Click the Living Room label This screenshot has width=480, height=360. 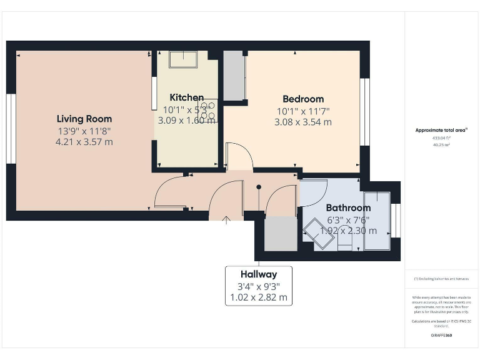point(84,119)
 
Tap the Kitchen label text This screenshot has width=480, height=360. point(186,97)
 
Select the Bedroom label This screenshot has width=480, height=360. point(303,99)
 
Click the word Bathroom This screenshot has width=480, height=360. point(348,207)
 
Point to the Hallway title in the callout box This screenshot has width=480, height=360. point(258,274)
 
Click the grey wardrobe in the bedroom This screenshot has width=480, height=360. point(234,76)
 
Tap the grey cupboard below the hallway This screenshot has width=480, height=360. point(281,234)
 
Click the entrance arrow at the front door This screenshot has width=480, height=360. point(226,218)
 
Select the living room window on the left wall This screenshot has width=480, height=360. point(11,129)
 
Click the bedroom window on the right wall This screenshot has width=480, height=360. point(366,112)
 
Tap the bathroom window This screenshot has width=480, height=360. point(395,221)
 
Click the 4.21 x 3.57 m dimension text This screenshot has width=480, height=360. point(84,142)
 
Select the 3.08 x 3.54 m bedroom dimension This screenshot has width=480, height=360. point(303,122)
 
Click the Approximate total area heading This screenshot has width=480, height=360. point(442,131)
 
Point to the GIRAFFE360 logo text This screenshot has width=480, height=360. point(442,336)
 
